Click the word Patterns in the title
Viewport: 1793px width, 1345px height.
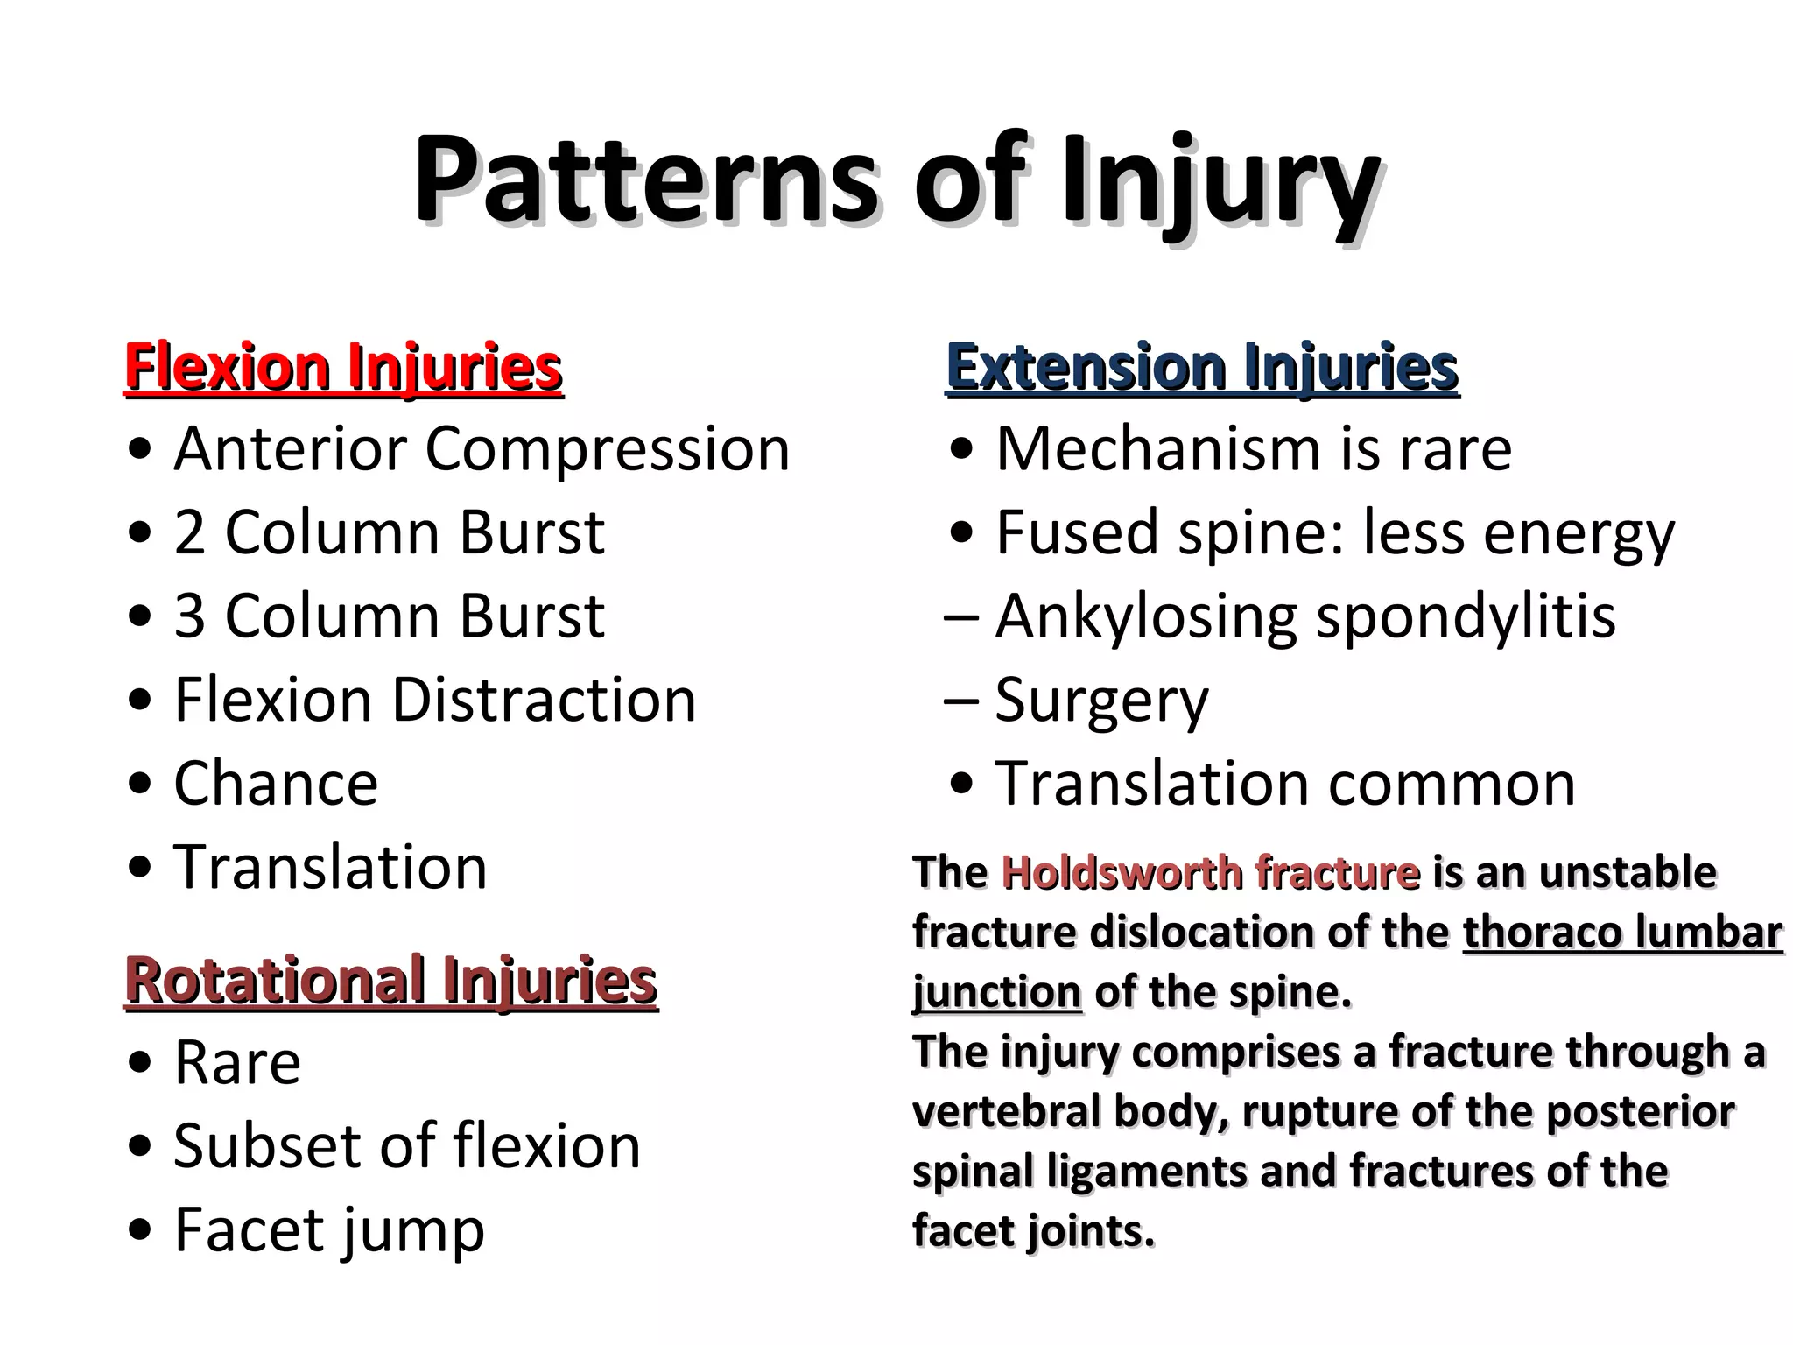[643, 180]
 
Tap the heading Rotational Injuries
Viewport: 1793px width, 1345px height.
[390, 981]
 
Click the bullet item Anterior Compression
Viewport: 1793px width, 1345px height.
[481, 449]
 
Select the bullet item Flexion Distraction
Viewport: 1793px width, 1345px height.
[434, 701]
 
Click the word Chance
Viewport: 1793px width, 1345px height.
[276, 784]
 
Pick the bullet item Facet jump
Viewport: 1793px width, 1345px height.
[328, 1230]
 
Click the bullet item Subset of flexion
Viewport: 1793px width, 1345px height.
[406, 1146]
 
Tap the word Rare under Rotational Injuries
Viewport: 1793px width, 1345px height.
[237, 1063]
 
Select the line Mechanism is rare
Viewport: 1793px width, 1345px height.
[1253, 449]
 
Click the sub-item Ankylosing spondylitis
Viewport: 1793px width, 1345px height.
[1304, 616]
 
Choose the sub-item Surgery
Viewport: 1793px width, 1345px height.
[1101, 701]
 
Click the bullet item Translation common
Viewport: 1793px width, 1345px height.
[1284, 784]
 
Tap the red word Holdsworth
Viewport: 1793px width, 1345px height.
[1121, 873]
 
